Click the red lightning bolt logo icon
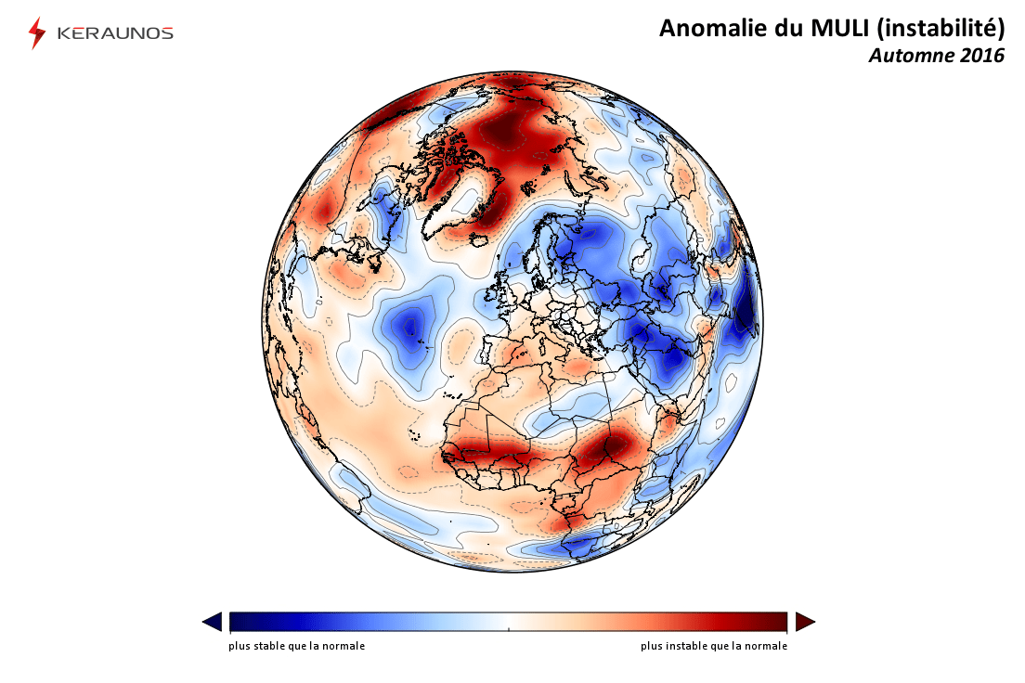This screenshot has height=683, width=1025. click(37, 32)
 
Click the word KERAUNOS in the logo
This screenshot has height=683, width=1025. click(115, 33)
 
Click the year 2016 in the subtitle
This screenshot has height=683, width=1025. click(981, 56)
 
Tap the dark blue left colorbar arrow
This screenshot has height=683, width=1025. click(212, 622)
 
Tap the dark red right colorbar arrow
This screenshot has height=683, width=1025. click(805, 622)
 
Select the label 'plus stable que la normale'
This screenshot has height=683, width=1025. click(296, 646)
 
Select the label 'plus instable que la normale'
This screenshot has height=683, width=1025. click(713, 646)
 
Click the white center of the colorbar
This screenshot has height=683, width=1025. click(508, 622)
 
